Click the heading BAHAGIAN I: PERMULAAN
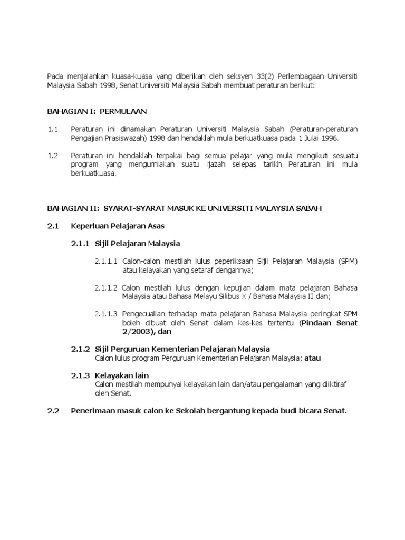[x=98, y=111]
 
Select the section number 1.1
[x=53, y=129]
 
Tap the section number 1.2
[x=53, y=156]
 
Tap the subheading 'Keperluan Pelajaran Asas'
[x=118, y=226]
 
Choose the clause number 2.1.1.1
[x=107, y=262]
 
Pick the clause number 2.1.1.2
[x=107, y=287]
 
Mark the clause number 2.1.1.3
[x=107, y=314]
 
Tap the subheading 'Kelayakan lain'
[x=122, y=375]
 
